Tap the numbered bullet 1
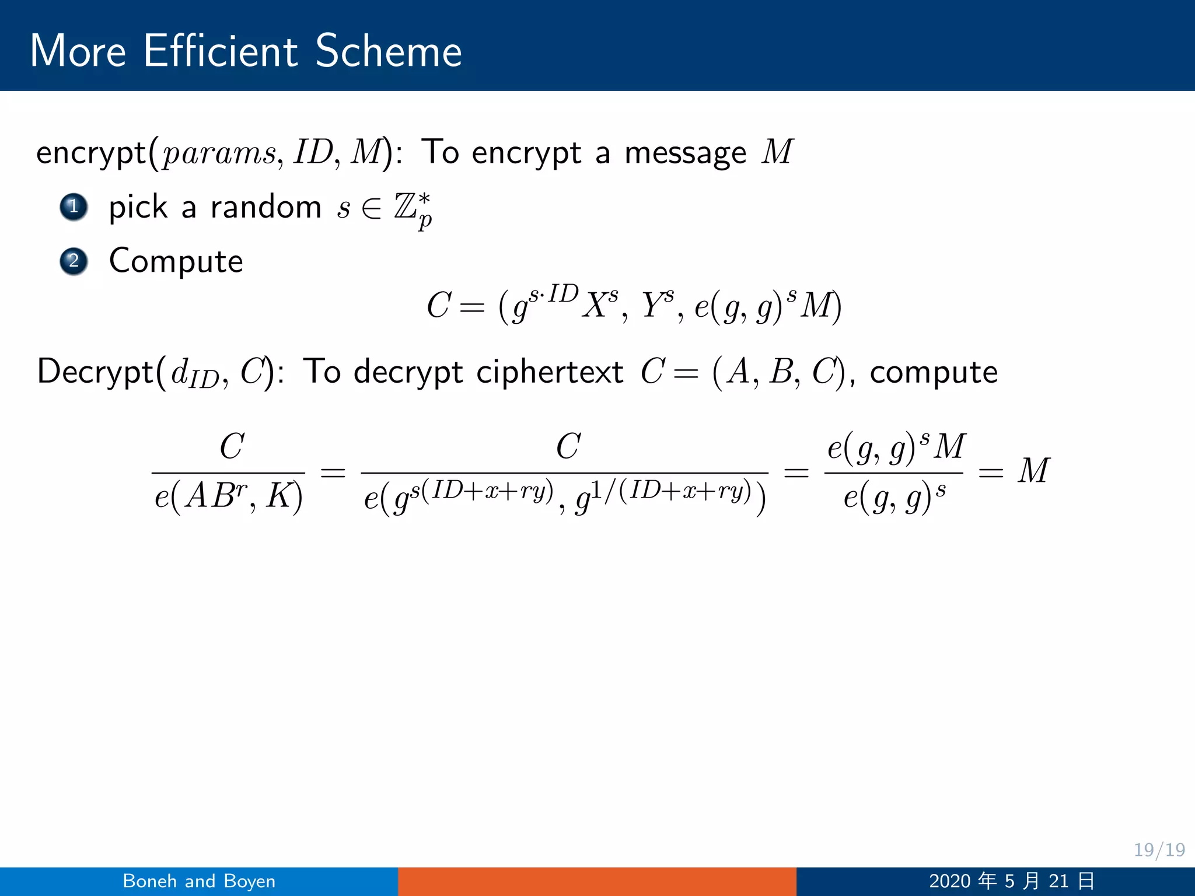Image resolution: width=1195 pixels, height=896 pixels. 74,206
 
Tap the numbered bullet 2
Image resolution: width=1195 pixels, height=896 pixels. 74,261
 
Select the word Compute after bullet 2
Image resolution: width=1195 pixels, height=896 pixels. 176,261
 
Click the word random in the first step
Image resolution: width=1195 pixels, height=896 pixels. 265,207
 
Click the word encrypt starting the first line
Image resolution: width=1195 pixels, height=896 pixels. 91,153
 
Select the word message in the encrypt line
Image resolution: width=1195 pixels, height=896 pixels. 685,153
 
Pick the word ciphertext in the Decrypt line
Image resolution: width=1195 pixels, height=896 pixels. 550,372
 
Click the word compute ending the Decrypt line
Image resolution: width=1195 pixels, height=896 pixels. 934,372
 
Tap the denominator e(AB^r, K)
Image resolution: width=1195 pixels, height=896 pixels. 228,497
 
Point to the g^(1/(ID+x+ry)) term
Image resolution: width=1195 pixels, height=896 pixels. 662,496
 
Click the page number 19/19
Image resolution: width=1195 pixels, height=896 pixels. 1159,849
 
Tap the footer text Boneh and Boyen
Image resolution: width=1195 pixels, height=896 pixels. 199,881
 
